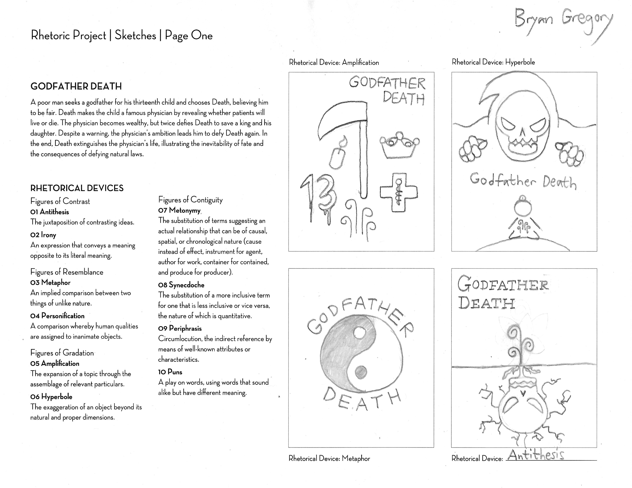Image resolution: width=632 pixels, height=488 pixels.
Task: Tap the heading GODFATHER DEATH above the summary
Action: (x=76, y=86)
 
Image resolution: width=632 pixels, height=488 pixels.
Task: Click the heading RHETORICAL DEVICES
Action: (x=77, y=188)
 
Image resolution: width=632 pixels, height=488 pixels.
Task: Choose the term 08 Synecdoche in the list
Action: (x=181, y=285)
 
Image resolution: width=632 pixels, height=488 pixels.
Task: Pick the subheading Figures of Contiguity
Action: (x=190, y=200)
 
